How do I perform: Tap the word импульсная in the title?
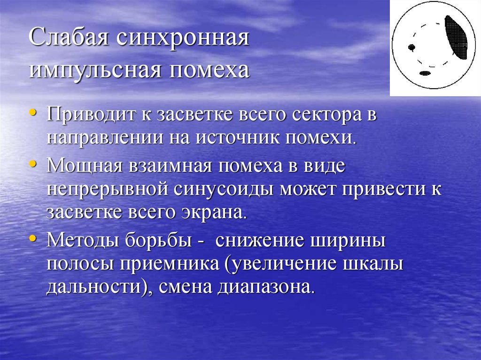click(92, 70)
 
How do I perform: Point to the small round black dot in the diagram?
click(412, 47)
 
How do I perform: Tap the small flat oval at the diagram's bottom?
click(425, 73)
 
